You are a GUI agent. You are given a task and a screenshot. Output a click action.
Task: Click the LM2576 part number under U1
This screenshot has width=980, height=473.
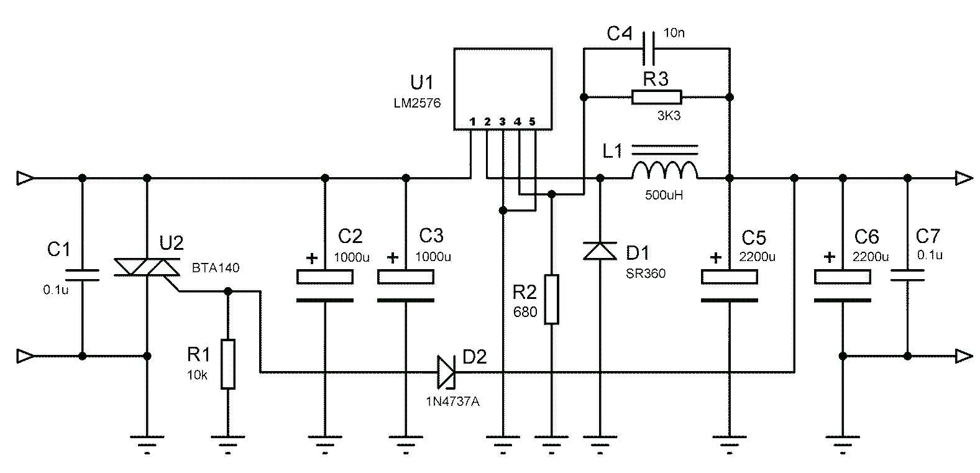point(416,103)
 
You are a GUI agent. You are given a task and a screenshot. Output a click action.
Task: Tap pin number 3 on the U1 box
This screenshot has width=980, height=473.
point(502,121)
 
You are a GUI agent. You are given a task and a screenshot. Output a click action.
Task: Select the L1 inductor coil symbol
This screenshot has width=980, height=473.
point(664,170)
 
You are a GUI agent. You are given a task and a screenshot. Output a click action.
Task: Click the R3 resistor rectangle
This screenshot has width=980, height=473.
point(656,97)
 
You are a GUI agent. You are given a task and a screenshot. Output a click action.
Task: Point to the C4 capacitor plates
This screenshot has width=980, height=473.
point(648,48)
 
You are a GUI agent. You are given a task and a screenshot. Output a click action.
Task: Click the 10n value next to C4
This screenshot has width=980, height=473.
point(674,33)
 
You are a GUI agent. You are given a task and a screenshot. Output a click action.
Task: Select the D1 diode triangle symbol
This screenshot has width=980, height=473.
point(600,250)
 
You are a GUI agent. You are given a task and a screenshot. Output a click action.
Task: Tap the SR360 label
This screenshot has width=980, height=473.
point(646,273)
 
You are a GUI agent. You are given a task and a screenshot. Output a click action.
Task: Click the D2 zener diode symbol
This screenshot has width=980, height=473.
point(446,372)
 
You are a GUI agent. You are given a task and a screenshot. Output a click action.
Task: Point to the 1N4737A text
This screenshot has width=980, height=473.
point(452,402)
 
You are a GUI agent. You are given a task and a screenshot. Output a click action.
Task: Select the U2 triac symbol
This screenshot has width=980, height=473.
point(147,267)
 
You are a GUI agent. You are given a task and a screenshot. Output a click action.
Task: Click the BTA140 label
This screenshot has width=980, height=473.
point(216,269)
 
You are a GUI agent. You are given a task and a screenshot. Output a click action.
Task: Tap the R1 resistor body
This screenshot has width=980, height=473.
point(228,364)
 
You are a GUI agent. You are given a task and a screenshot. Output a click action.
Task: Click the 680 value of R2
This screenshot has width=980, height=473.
point(525,312)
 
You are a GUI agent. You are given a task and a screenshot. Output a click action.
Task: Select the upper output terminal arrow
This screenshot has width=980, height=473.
point(963,178)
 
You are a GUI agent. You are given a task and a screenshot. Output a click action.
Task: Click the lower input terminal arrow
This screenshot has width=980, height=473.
point(25,356)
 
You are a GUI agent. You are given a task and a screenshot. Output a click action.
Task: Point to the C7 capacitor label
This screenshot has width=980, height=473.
point(928,236)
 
